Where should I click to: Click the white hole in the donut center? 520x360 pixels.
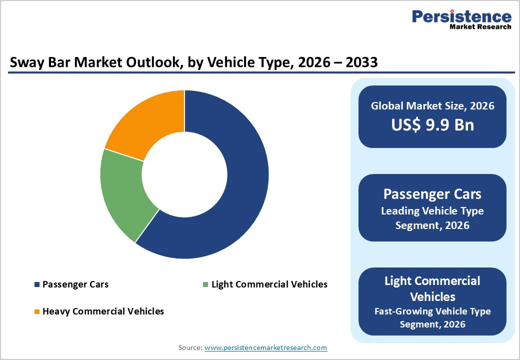point(184,174)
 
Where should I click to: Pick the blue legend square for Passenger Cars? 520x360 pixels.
point(36,284)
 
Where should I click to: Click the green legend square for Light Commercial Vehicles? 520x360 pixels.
point(205,284)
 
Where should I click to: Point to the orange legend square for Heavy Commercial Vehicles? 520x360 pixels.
point(36,311)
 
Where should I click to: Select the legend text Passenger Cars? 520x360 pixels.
point(75,284)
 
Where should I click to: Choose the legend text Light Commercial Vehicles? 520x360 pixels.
point(269,284)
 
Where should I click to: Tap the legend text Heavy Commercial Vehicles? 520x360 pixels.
point(103,311)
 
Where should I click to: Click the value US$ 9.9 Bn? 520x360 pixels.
point(432,124)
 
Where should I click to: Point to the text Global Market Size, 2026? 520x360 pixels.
point(432,105)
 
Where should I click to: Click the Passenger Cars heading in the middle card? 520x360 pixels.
point(432,193)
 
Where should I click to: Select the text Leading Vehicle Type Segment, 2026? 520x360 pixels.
point(432,218)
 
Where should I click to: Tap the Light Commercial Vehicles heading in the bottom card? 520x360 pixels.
point(432,288)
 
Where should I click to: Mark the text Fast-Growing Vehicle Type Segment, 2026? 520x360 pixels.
point(432,317)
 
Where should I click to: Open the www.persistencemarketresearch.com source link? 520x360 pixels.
point(266,347)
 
